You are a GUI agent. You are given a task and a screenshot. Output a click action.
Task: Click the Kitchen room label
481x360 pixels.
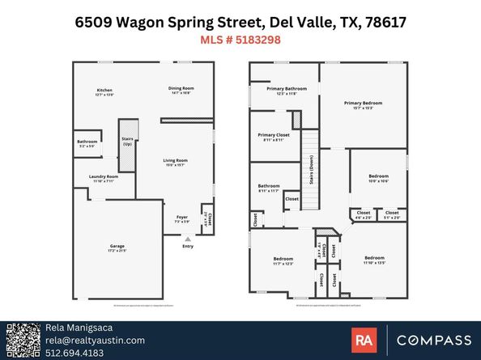click(104, 90)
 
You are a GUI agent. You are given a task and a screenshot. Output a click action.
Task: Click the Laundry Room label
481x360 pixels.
click(105, 176)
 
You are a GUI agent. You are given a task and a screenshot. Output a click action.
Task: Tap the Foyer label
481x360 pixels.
click(181, 218)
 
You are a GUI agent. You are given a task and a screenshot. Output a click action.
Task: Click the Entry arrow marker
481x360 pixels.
click(188, 239)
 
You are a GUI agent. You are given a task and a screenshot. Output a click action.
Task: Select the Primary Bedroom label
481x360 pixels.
click(362, 104)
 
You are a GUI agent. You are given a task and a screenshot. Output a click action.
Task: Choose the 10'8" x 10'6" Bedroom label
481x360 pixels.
click(378, 176)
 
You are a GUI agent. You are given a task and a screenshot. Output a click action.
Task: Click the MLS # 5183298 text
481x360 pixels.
click(240, 39)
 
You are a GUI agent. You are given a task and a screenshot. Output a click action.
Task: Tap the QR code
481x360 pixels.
click(22, 340)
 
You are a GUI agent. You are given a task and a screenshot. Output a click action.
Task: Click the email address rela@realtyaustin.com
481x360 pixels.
click(94, 341)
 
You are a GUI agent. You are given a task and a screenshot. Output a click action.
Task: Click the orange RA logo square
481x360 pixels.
click(364, 340)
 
